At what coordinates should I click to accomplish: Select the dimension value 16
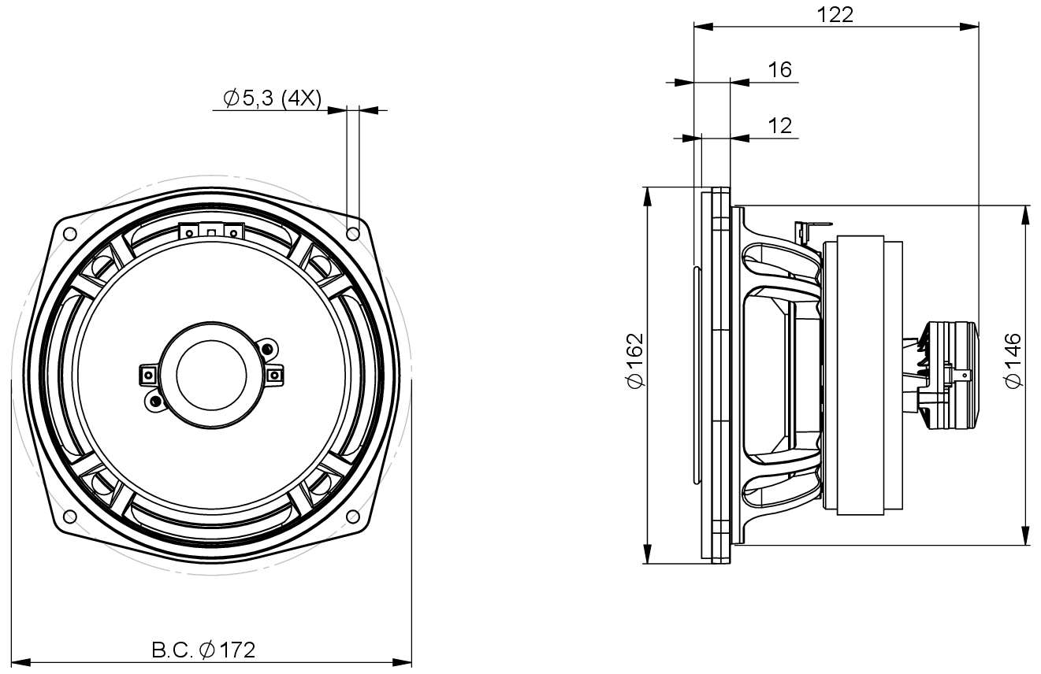pos(779,69)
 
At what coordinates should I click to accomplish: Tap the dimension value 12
pos(779,125)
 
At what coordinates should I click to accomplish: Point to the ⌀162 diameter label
pos(635,360)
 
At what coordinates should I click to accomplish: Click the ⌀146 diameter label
pos(1013,360)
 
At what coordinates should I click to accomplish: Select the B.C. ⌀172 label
pos(203,650)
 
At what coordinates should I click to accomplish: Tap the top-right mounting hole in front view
pos(353,233)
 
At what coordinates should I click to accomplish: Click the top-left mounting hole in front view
pos(69,233)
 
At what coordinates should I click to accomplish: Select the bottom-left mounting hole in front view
pos(69,517)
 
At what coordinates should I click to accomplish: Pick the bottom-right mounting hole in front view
pos(353,517)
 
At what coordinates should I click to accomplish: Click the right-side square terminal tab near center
pos(273,375)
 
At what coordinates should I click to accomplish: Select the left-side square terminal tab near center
pos(147,375)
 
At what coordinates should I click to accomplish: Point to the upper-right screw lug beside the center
pos(268,348)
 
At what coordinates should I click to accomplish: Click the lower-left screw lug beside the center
pos(153,402)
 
